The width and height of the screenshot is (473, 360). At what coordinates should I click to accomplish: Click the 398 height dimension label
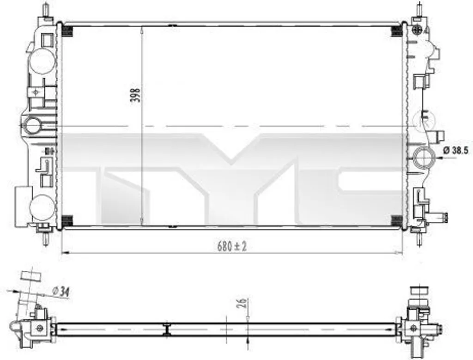(137, 95)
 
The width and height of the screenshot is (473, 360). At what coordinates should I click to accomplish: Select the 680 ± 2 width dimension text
(232, 246)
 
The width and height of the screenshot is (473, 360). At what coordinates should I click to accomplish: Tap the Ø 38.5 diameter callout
(456, 150)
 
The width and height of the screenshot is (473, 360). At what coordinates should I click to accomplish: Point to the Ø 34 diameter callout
(61, 291)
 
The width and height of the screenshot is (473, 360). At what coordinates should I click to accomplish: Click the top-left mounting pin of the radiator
(46, 9)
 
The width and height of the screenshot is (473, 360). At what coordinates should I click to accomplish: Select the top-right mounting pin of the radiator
(419, 9)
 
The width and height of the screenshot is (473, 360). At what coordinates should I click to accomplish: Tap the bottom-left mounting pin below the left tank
(46, 238)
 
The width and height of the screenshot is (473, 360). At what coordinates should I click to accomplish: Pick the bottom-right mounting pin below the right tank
(419, 239)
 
